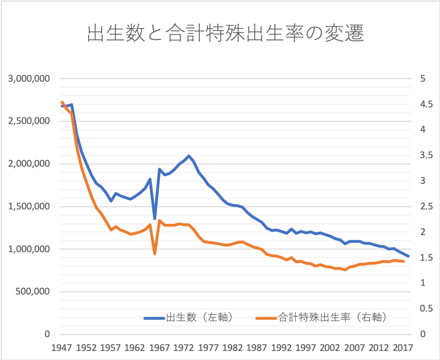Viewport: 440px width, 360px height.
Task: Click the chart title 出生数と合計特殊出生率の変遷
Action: click(225, 34)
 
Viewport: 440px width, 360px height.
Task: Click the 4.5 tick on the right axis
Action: click(426, 104)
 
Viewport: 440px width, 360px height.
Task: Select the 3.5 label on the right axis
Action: click(426, 155)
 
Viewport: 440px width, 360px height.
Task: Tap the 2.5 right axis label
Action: click(426, 207)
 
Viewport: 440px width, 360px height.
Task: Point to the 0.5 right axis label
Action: click(426, 309)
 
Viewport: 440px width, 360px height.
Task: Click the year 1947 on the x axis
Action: click(61, 347)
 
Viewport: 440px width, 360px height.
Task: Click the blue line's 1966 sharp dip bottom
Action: click(155, 218)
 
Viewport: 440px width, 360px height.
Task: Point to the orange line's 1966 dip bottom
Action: click(155, 254)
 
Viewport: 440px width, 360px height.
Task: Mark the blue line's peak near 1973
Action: click(189, 156)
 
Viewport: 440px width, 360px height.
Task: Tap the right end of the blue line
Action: click(409, 256)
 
